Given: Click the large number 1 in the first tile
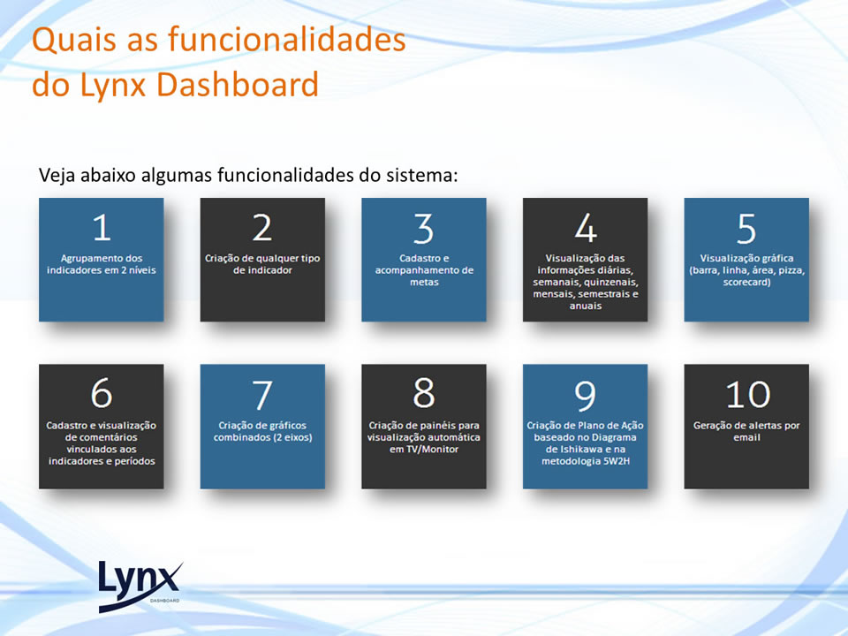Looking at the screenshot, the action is pyautogui.click(x=102, y=227).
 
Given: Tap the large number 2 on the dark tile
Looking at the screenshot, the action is pyautogui.click(x=262, y=227).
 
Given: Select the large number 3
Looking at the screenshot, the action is pyautogui.click(x=423, y=228).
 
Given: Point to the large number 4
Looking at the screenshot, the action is pyautogui.click(x=586, y=227).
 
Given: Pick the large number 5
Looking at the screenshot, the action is pyautogui.click(x=746, y=228).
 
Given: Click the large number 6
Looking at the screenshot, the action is pyautogui.click(x=102, y=393).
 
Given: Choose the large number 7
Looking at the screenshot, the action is pyautogui.click(x=262, y=395).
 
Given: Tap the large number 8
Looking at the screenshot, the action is pyautogui.click(x=424, y=393).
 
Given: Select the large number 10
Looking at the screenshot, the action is pyautogui.click(x=748, y=394).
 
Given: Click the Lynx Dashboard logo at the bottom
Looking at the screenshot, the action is pyautogui.click(x=140, y=587).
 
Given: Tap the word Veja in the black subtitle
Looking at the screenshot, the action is pyautogui.click(x=57, y=175).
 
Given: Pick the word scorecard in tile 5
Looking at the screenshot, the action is pyautogui.click(x=746, y=283).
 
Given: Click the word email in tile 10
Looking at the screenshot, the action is pyautogui.click(x=747, y=437).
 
